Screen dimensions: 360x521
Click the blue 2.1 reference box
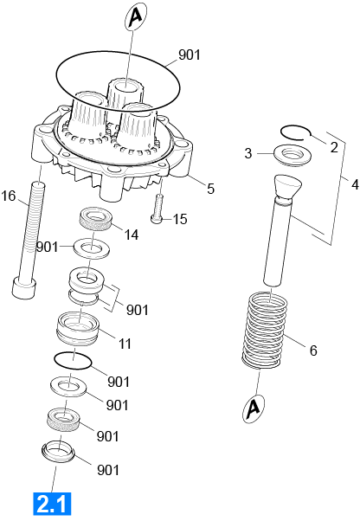click(x=52, y=504)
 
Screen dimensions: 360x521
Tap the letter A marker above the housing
click(x=136, y=16)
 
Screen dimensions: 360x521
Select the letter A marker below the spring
click(x=254, y=408)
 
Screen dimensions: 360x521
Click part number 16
click(x=9, y=196)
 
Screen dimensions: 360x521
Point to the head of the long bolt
click(x=24, y=287)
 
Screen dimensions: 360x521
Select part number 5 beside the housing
click(x=210, y=189)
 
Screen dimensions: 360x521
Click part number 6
click(x=313, y=351)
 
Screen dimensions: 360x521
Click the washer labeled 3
click(x=292, y=155)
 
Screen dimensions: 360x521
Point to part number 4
click(x=355, y=183)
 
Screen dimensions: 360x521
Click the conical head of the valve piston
click(x=288, y=187)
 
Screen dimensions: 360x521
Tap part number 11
click(x=125, y=344)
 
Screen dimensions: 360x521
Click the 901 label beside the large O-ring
click(x=190, y=55)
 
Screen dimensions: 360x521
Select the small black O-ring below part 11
click(x=73, y=360)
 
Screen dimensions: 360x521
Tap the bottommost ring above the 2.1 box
click(x=59, y=453)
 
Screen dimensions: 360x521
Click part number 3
click(x=248, y=153)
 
